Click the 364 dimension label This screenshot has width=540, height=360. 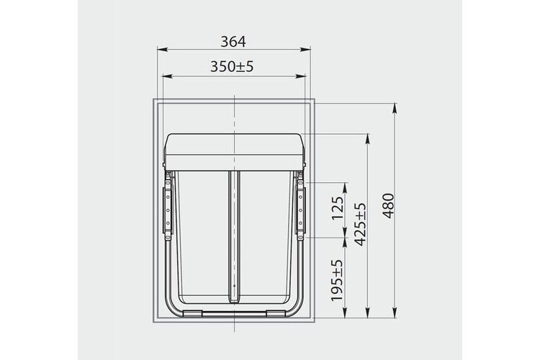tap(233, 42)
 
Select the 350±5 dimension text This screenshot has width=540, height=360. tap(232, 66)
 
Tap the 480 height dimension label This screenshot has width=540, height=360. tap(389, 206)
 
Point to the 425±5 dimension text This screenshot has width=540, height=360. tap(361, 225)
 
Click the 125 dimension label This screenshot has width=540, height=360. tap(338, 208)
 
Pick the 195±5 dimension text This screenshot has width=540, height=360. tap(337, 280)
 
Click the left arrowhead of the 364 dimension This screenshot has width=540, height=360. tap(162, 50)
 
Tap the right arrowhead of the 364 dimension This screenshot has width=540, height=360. tap(305, 50)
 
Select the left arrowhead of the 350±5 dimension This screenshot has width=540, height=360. tap(167, 76)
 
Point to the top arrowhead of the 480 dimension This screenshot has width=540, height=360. tap(395, 108)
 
